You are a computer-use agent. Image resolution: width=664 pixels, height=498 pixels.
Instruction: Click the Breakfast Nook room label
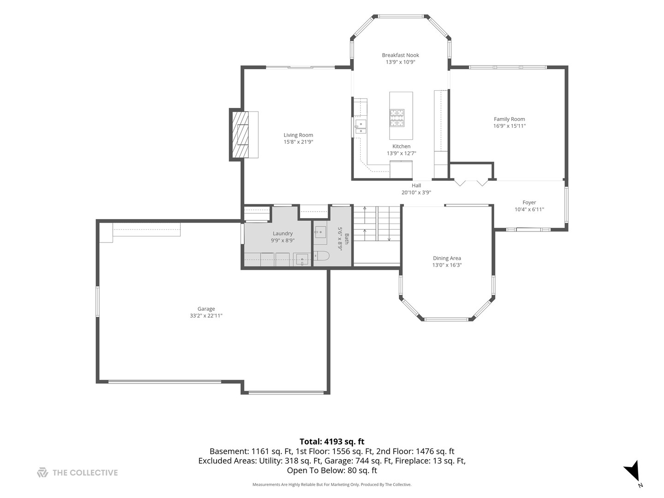pos(400,55)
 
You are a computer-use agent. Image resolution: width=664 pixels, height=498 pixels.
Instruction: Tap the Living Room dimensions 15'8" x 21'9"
pos(298,142)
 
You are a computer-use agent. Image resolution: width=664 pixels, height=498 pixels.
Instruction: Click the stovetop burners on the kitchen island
pos(397,118)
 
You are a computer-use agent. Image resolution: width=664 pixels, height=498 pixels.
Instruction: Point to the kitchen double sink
pos(360,126)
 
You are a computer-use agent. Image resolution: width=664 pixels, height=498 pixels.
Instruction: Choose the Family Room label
pos(509,119)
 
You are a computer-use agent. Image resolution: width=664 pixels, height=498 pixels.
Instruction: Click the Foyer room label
pos(529,202)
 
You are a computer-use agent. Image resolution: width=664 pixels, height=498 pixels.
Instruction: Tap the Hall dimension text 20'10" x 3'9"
pos(416,192)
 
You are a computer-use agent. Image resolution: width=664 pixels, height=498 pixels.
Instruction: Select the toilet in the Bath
pos(321,256)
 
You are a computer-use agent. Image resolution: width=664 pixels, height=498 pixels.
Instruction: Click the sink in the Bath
pos(320,232)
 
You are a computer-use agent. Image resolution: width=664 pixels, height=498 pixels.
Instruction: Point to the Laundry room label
pos(283,233)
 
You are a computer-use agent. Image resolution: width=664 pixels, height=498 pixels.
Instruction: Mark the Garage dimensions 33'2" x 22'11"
pos(206,316)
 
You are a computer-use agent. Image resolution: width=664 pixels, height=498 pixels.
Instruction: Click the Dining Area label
pos(446,258)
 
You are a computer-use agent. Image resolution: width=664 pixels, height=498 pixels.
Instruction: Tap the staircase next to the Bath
pos(377,224)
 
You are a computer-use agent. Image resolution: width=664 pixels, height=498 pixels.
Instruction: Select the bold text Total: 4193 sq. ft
pos(332,441)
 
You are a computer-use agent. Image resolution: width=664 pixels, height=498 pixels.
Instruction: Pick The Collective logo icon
pos(42,472)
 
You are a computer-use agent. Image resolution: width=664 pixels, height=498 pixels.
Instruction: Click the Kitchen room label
pos(401,146)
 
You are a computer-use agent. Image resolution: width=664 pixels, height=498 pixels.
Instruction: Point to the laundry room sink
pos(302,260)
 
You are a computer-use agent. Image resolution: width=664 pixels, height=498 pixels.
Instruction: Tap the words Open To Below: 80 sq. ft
pos(332,470)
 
